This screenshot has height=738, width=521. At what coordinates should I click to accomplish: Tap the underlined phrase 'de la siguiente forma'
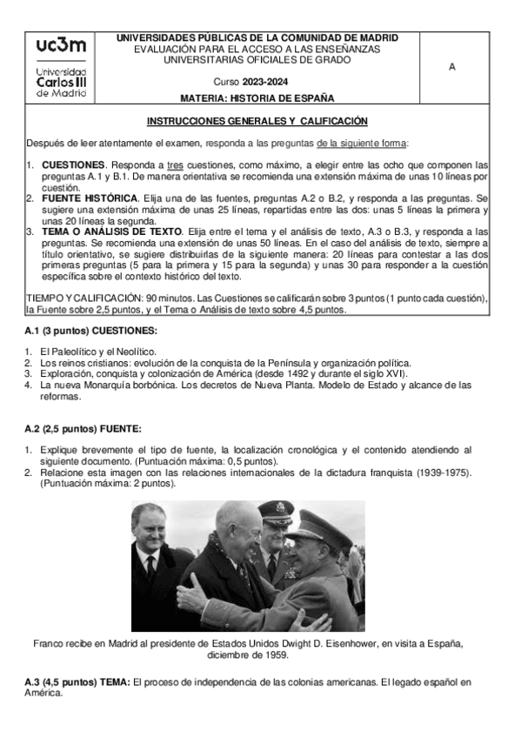(x=360, y=143)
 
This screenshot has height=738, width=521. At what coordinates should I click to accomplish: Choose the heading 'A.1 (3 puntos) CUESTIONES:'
(x=90, y=332)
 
